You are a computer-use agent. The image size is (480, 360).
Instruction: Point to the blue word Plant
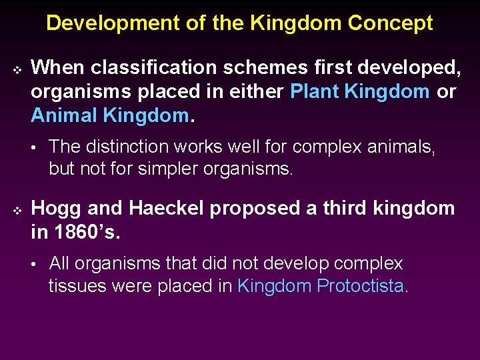pos(314,91)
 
